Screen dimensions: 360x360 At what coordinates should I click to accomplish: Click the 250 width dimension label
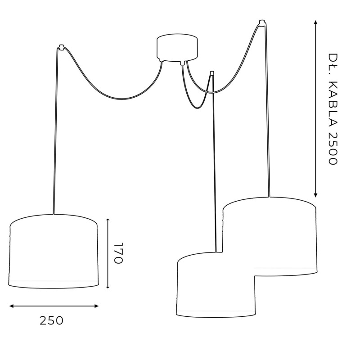[x=51, y=321]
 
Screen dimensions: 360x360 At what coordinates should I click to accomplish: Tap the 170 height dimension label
[x=118, y=253]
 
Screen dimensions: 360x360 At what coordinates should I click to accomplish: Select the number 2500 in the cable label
[x=332, y=148]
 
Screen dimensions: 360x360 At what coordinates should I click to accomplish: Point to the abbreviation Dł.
[x=332, y=63]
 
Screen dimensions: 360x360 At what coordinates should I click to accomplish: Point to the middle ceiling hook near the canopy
[x=211, y=73]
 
